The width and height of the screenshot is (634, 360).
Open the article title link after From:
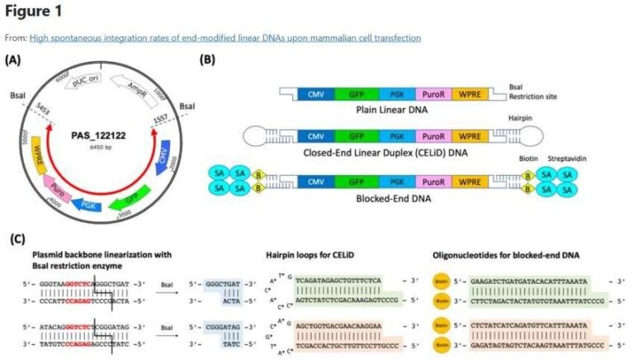(225, 38)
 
